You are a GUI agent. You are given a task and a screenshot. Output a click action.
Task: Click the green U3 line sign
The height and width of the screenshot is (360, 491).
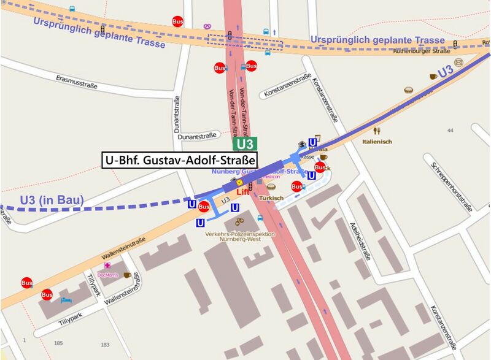pyautogui.click(x=244, y=144)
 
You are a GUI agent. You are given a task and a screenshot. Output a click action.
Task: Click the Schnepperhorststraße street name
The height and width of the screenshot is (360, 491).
pyautogui.click(x=452, y=186)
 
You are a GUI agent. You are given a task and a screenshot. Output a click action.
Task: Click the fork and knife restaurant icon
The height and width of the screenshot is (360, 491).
pyautogui.click(x=377, y=131)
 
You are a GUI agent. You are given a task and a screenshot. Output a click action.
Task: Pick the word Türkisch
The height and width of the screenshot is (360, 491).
pyautogui.click(x=271, y=197)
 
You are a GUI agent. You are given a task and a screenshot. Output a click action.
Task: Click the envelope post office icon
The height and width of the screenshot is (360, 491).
pyautogui.click(x=477, y=61)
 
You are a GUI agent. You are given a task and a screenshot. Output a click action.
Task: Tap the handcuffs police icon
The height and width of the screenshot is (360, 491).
pyautogui.click(x=239, y=220)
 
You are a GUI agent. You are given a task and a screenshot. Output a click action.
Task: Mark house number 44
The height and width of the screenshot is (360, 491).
pyautogui.click(x=450, y=131)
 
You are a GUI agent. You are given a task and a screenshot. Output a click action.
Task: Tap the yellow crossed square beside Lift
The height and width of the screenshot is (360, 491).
pyautogui.click(x=240, y=182)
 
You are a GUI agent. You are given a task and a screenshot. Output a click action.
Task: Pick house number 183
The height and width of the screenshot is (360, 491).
pyautogui.click(x=105, y=345)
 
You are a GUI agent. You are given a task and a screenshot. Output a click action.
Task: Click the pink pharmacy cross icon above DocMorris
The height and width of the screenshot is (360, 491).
pyautogui.click(x=108, y=266)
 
